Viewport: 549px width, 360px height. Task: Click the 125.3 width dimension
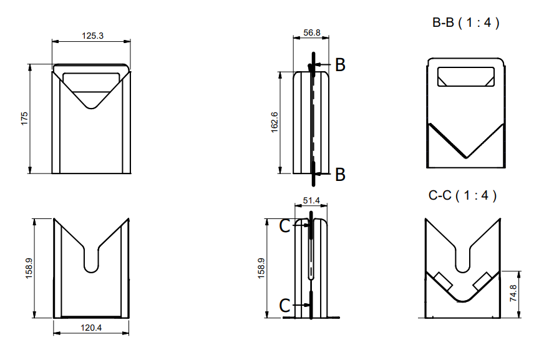tap(92, 36)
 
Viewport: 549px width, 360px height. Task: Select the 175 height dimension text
tap(24, 119)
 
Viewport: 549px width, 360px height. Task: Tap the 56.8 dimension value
tap(312, 32)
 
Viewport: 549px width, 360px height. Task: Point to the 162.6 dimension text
tap(274, 122)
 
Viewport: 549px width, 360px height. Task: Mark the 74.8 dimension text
tap(513, 293)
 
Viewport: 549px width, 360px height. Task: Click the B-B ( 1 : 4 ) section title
tap(466, 23)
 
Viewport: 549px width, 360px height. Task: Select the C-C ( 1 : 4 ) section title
tap(463, 195)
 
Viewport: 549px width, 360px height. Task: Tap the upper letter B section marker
tap(340, 64)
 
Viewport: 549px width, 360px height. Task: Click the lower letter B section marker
tap(340, 174)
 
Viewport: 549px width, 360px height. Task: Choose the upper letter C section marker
tap(284, 226)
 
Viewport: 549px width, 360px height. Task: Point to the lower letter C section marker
tap(284, 305)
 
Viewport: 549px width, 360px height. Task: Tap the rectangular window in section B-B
tap(466, 77)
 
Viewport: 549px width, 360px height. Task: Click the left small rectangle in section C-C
tap(443, 281)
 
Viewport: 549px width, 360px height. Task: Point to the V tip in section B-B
tap(466, 156)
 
